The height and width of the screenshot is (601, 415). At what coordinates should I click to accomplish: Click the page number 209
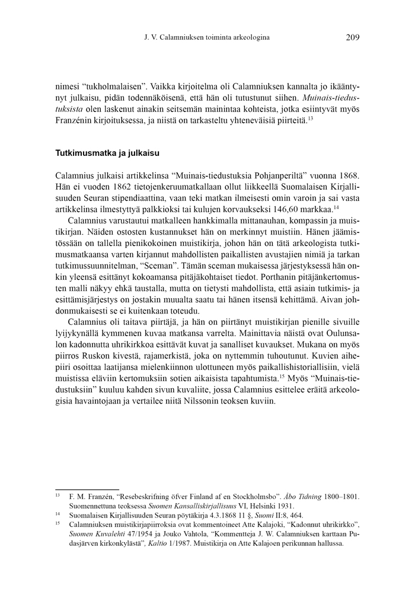tap(352, 37)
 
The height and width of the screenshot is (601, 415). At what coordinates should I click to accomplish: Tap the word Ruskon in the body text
tap(94, 358)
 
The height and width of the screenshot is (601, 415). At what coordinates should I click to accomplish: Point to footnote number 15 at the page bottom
tap(58, 525)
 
